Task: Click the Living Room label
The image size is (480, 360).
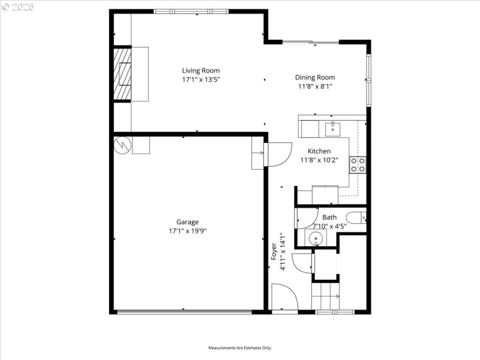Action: click(x=201, y=71)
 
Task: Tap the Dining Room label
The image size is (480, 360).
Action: click(x=314, y=77)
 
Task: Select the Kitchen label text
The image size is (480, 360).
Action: click(x=319, y=151)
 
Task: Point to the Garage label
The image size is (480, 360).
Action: click(x=187, y=222)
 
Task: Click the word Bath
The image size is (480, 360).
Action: click(x=329, y=217)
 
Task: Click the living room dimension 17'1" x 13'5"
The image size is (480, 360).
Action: click(x=201, y=79)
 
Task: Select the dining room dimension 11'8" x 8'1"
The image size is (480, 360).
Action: click(x=314, y=86)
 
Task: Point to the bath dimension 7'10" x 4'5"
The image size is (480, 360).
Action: click(x=329, y=226)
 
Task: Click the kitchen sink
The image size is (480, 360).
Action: click(x=332, y=128)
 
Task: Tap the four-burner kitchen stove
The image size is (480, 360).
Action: click(x=358, y=164)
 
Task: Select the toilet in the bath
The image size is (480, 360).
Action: click(x=356, y=217)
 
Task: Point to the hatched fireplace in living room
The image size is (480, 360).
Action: click(x=122, y=74)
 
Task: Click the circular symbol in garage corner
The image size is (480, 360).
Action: click(x=122, y=145)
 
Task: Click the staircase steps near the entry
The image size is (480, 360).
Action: click(x=325, y=296)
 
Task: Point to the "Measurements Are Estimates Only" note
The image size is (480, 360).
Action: click(x=240, y=348)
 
